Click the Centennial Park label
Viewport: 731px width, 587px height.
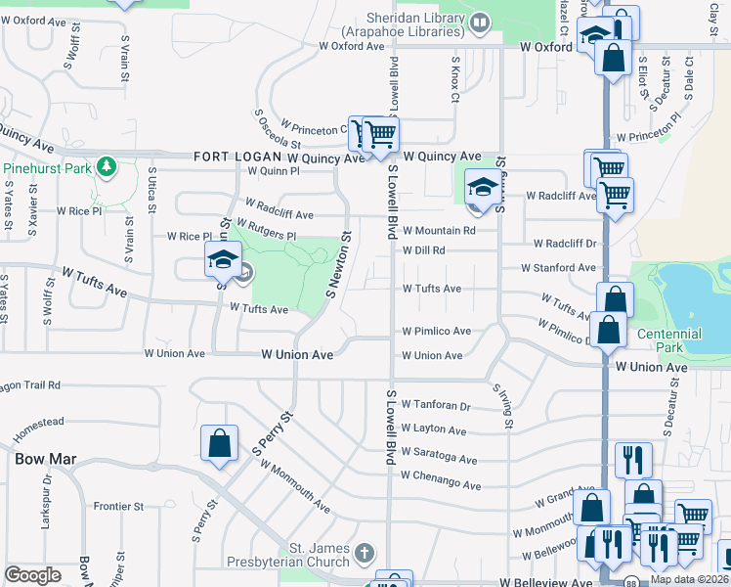(x=669, y=340)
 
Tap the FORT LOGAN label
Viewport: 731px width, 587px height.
(x=237, y=157)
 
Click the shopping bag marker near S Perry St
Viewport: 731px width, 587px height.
(x=219, y=443)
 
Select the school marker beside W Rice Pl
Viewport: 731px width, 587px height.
(x=222, y=259)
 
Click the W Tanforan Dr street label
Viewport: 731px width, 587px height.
(x=436, y=406)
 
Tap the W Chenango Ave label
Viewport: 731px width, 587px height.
(x=442, y=483)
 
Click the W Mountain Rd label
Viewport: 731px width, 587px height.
(x=439, y=231)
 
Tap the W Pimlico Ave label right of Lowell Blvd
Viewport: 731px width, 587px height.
(x=437, y=331)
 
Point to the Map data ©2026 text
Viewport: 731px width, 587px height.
(x=689, y=579)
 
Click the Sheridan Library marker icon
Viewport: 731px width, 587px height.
(x=480, y=22)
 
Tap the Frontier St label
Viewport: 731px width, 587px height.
(x=118, y=507)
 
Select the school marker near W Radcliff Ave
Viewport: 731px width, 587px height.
(x=481, y=186)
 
